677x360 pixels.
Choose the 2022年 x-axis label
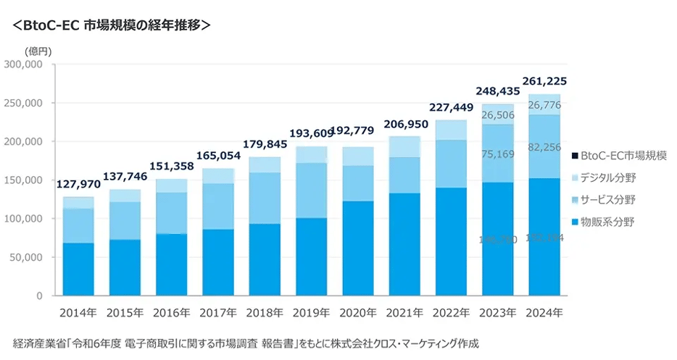click(x=452, y=313)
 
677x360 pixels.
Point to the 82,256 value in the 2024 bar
click(x=545, y=147)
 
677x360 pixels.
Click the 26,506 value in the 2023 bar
click(x=499, y=115)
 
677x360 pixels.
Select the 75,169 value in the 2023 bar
click(x=499, y=154)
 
